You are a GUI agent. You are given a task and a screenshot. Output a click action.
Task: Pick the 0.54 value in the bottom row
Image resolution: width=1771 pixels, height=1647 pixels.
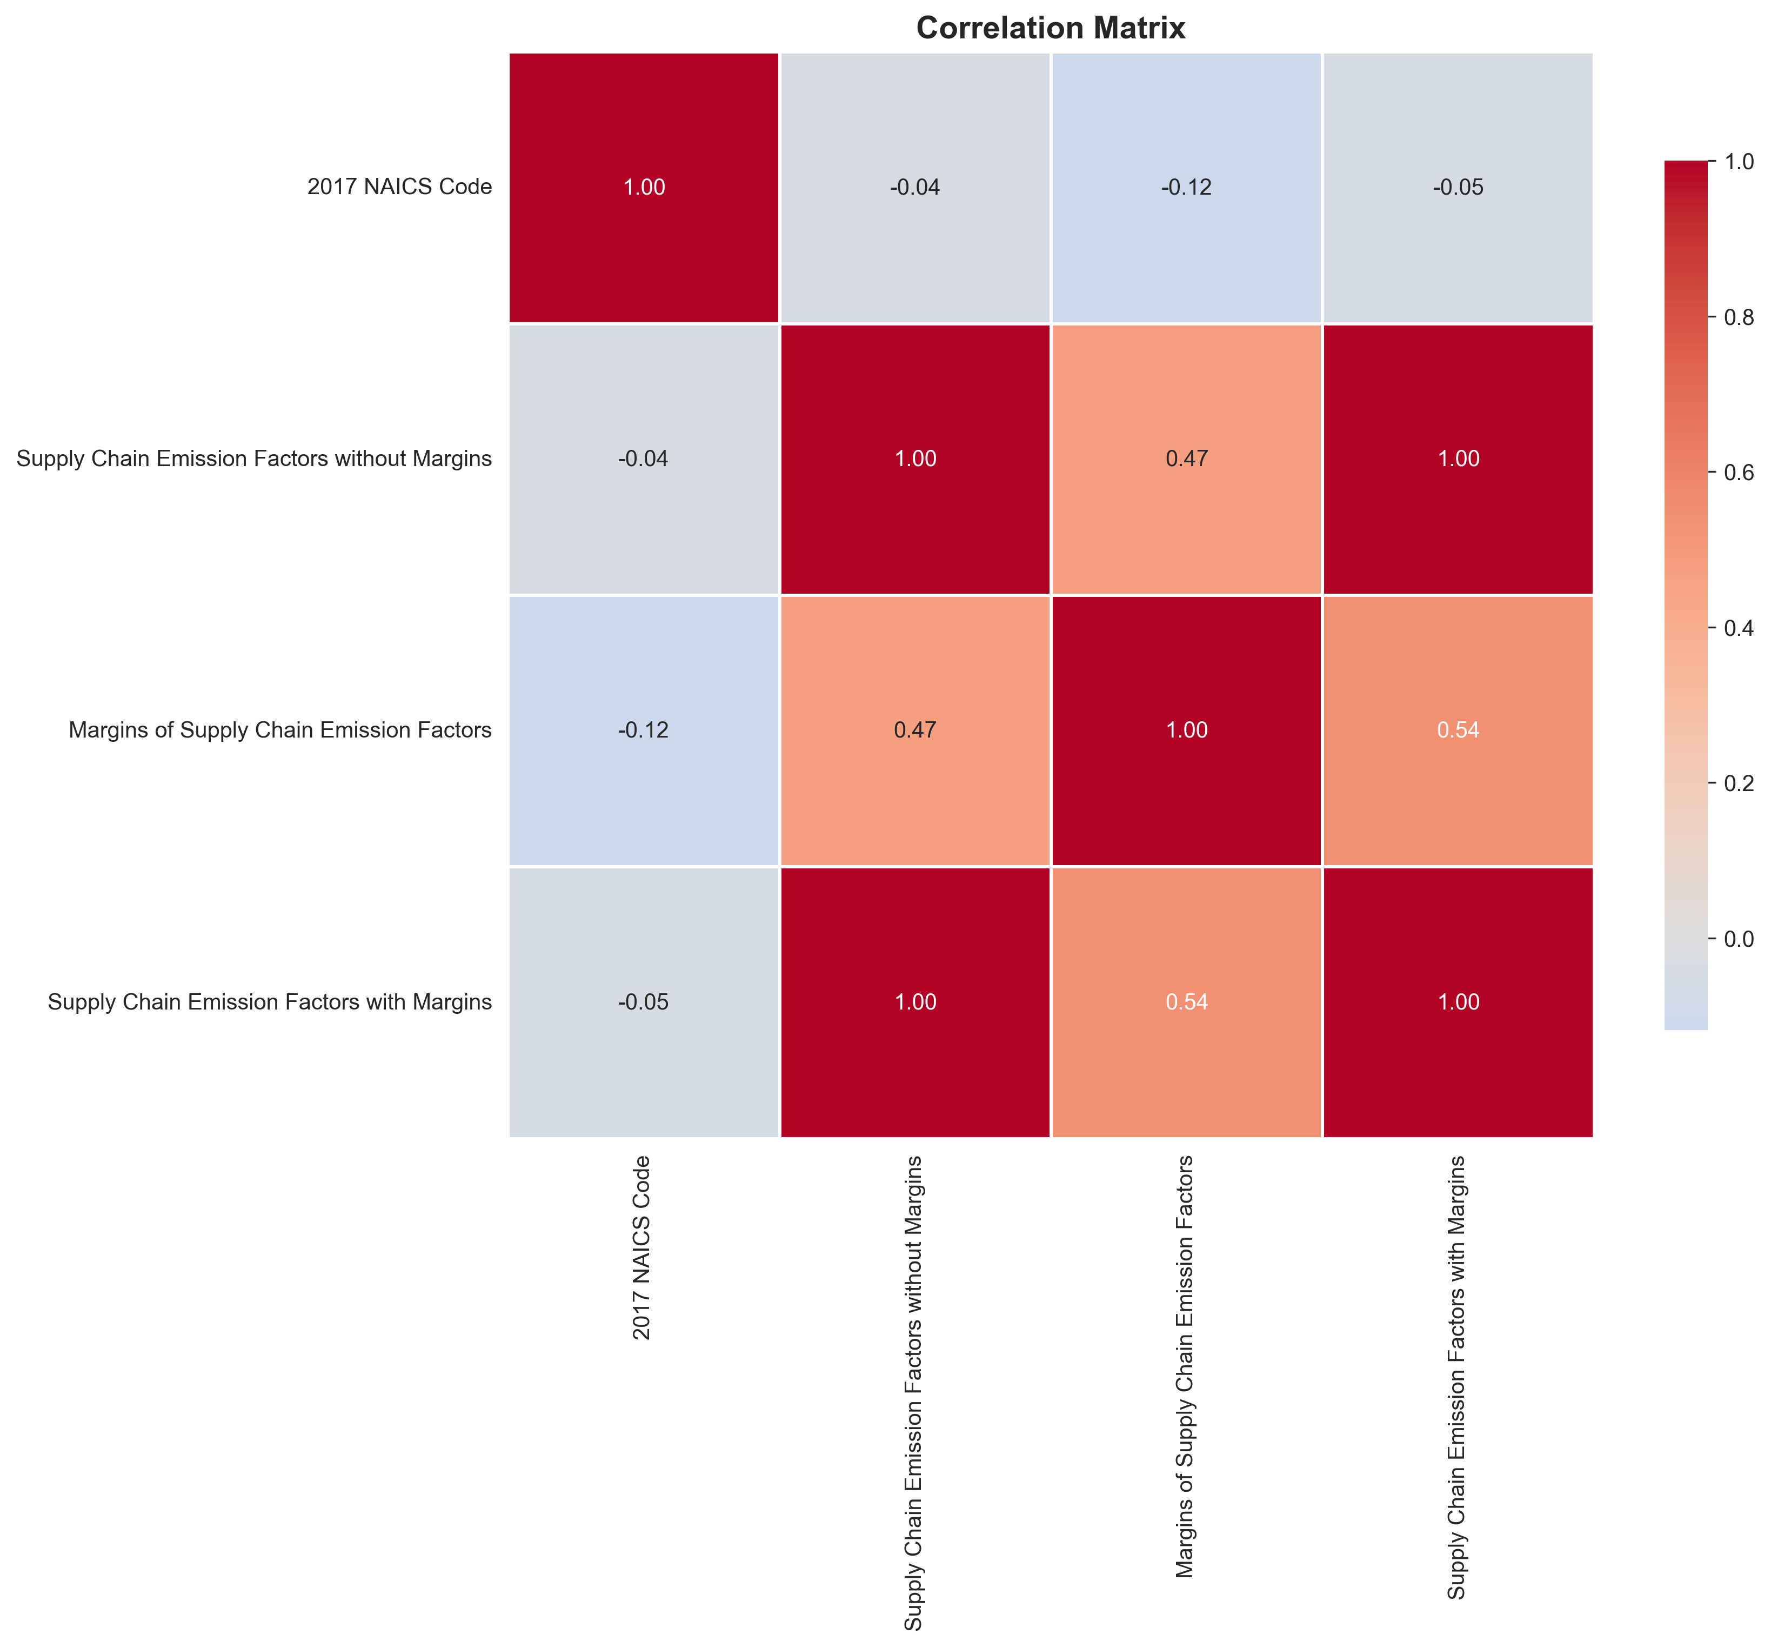pos(1187,1002)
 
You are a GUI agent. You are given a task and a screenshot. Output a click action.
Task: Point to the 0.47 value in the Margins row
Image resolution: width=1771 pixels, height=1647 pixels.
pos(915,730)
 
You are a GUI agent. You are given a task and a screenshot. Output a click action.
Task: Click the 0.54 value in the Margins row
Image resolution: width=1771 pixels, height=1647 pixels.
pos(1458,730)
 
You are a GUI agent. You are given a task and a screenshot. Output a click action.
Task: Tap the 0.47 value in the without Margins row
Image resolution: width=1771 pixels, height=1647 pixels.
pos(1187,459)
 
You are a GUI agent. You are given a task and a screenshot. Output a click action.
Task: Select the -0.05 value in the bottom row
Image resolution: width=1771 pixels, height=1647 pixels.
pos(643,1002)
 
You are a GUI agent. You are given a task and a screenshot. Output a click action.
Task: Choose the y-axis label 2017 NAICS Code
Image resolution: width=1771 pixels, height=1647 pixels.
pos(399,187)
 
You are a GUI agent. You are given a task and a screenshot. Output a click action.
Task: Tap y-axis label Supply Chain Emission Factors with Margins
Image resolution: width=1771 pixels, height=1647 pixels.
pos(269,1002)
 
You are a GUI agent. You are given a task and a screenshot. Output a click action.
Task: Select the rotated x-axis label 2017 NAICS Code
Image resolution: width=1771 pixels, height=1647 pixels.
pos(641,1248)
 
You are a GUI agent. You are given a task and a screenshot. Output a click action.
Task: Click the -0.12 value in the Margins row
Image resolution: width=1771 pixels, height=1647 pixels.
pos(643,730)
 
